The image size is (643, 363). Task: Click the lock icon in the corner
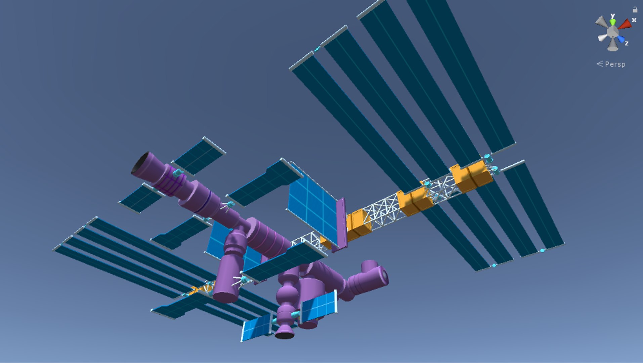coord(635,9)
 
